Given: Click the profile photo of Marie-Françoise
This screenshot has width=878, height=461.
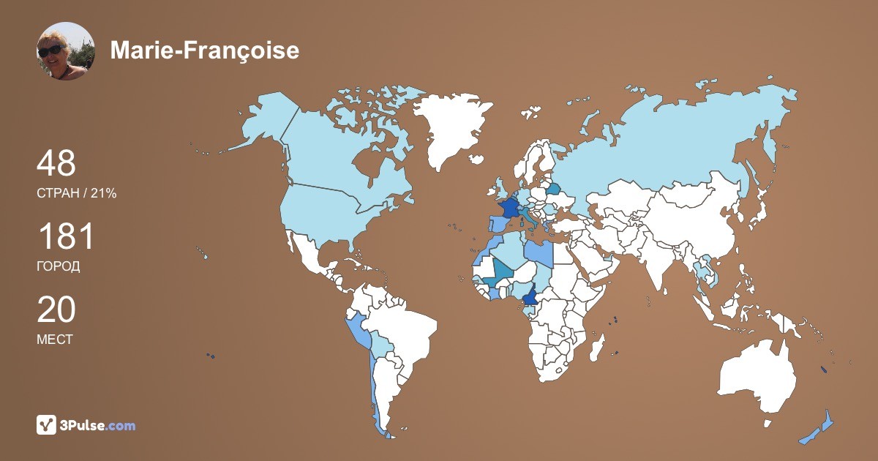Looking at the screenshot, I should (x=66, y=51).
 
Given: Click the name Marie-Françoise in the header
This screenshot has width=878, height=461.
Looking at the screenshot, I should (x=204, y=50).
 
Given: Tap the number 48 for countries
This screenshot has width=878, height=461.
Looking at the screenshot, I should (x=56, y=163).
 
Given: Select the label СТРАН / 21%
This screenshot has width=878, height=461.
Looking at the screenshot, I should (x=76, y=193).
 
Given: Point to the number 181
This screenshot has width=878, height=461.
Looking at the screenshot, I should (x=66, y=237).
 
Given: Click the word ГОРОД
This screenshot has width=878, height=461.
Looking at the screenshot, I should (x=59, y=266).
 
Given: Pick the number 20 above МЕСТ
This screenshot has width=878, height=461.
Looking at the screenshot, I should (x=56, y=310).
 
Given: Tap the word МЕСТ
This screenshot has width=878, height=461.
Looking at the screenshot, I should (x=54, y=340).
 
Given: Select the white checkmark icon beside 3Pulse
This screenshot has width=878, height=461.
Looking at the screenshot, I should (x=47, y=425).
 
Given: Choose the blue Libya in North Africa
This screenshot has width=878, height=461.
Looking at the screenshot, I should (x=539, y=252).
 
